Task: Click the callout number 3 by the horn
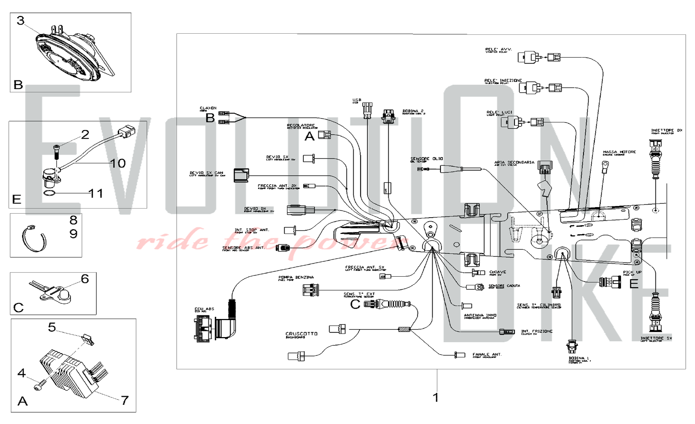coord(21,21)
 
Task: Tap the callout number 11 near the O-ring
coord(96,193)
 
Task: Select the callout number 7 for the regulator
coord(125,400)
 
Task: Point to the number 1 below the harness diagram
coord(436,397)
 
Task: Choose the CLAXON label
coord(208,108)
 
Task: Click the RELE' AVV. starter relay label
coord(498,50)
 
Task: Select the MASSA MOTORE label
coord(619,152)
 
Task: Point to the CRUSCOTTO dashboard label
coord(301,334)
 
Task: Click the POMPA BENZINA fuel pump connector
coord(310,290)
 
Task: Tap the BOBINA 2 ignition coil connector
coord(388,116)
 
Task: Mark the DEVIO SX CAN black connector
coord(241,175)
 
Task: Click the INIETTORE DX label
coord(667,131)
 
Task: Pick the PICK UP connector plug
coord(610,282)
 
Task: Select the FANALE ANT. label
coord(487,355)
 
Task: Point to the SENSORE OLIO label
coord(426,159)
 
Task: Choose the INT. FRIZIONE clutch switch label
coord(537,332)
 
